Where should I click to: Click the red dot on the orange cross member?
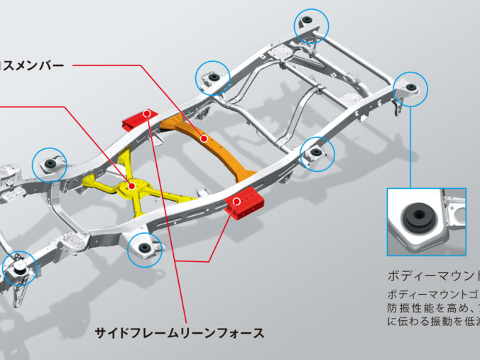tap(204, 139)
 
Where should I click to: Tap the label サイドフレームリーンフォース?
tap(180, 332)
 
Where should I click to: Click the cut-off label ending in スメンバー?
tap(32, 66)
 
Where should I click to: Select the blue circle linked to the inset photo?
tap(411, 89)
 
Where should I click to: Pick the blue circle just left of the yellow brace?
tap(51, 164)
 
